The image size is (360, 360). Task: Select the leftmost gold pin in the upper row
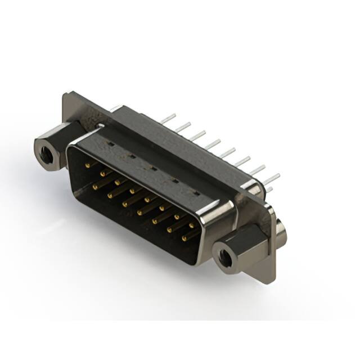[87, 165]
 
